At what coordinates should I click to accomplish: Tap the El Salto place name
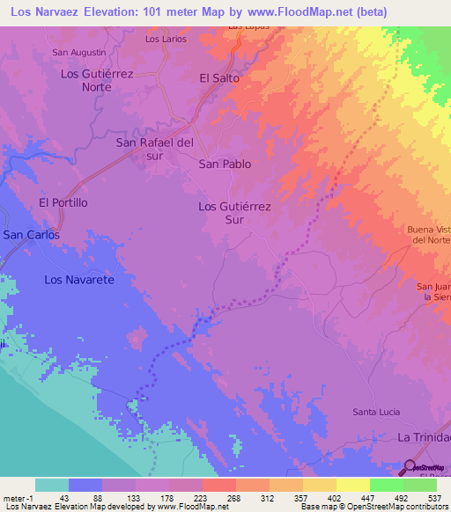coord(219,77)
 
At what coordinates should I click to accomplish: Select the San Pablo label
coord(225,164)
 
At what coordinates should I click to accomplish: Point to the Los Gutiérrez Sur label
coord(233,213)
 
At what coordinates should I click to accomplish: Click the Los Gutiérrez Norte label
coord(96,81)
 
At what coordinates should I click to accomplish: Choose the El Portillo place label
coord(63,202)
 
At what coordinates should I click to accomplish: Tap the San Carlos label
coord(31,235)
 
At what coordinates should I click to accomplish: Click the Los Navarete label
coord(80,280)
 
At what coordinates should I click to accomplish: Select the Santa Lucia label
coord(376,412)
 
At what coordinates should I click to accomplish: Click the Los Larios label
coord(165,40)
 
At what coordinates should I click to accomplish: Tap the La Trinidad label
coord(424,437)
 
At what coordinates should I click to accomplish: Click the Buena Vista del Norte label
coord(429,235)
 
